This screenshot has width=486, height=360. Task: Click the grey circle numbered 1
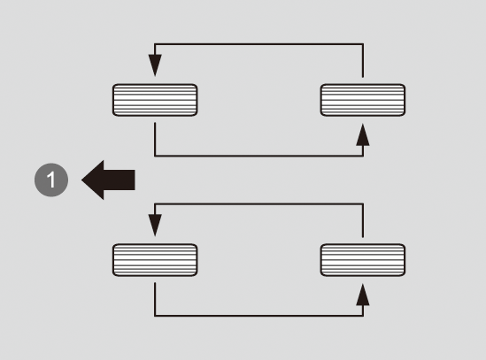coord(51,180)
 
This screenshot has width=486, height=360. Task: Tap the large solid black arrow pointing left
coord(108,180)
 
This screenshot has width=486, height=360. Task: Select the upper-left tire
coord(155,100)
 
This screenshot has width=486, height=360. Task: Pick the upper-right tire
coord(363,100)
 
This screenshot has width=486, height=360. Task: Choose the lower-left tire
coord(155,260)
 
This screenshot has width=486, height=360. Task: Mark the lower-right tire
coord(363,260)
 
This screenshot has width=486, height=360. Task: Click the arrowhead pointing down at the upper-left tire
coord(155,65)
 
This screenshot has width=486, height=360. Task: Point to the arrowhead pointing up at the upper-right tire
coord(363,134)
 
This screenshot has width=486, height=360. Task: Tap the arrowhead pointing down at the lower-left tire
coord(155,226)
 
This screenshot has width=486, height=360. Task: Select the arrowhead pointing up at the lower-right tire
coord(363,295)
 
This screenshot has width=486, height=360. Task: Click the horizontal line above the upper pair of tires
coord(258,44)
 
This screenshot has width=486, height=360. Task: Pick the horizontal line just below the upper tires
coord(258,156)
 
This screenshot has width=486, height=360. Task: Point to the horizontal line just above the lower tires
coord(258,204)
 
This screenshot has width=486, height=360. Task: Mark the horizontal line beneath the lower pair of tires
coord(258,316)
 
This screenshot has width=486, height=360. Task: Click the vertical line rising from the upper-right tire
coord(363,60)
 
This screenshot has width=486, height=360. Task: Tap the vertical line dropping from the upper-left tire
coord(155,140)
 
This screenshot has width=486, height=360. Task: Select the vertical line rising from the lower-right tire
coord(363,220)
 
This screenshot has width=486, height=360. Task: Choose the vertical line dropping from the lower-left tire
coord(155,299)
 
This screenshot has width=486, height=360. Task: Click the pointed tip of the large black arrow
coord(81,180)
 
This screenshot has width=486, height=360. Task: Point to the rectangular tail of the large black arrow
coord(120,180)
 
